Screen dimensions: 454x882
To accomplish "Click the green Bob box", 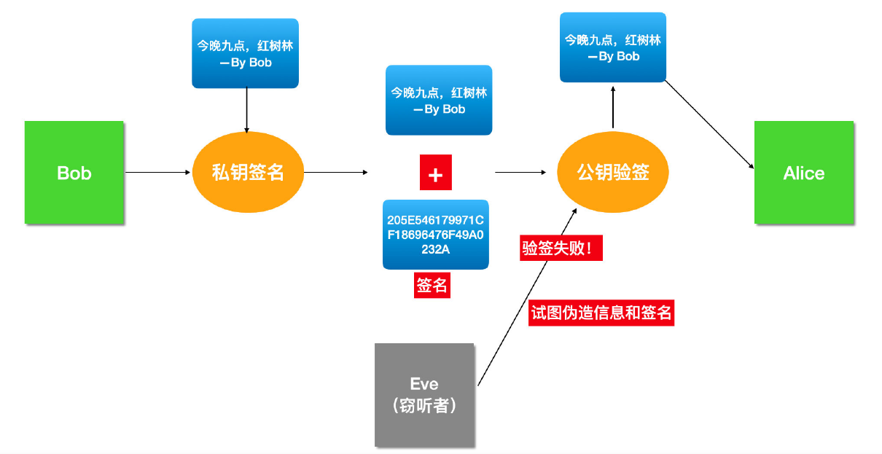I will tap(74, 173).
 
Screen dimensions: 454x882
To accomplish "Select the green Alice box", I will tap(803, 173).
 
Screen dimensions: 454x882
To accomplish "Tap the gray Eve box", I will tap(424, 394).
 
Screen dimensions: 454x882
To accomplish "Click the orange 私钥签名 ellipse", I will tap(247, 173).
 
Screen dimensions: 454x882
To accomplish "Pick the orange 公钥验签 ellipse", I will tap(612, 173).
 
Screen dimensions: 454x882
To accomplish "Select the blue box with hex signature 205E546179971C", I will tap(436, 234).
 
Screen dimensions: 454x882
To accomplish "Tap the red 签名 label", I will tap(432, 286).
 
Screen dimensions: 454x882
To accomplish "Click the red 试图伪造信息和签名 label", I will tap(601, 313).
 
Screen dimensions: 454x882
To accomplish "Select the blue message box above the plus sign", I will tap(439, 101).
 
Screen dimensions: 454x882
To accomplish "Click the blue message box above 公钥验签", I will tap(612, 47).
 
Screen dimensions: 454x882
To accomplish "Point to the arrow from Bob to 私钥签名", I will tap(157, 173).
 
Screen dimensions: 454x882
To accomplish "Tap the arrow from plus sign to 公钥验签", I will tap(520, 173).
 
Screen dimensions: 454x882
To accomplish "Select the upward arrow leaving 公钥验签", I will tap(613, 108).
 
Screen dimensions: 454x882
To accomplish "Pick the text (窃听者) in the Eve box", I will tap(424, 406).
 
